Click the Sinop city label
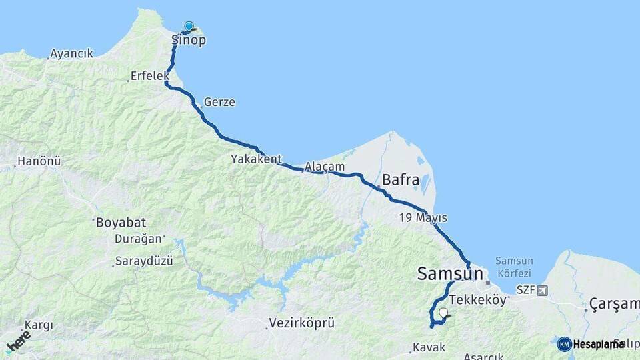(x=189, y=41)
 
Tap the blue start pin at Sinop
(x=189, y=27)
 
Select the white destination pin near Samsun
(x=443, y=312)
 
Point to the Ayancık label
(x=71, y=53)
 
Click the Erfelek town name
(x=150, y=76)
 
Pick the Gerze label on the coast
(x=219, y=103)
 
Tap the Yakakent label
(x=256, y=159)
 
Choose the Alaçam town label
(x=325, y=167)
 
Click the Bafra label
(x=401, y=180)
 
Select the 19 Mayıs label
(x=423, y=218)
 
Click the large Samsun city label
(x=450, y=273)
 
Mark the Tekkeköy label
(x=478, y=300)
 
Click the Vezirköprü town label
(x=301, y=323)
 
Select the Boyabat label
(x=121, y=222)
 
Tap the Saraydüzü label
(x=144, y=261)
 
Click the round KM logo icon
(x=565, y=344)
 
